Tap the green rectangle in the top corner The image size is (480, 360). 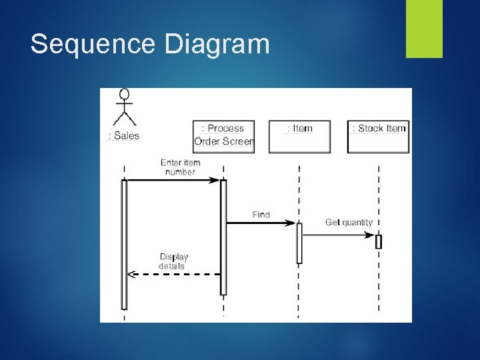pyautogui.click(x=424, y=29)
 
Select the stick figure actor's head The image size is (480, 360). pyautogui.click(x=124, y=94)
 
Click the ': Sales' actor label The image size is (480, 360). pyautogui.click(x=123, y=135)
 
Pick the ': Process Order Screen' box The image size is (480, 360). pyautogui.click(x=224, y=136)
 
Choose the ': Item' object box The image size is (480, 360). pyautogui.click(x=299, y=136)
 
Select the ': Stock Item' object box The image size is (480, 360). pyautogui.click(x=379, y=136)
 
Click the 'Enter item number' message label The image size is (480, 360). pyautogui.click(x=180, y=167)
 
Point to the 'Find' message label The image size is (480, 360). pyautogui.click(x=261, y=214)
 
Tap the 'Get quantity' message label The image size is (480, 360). pyautogui.click(x=349, y=222)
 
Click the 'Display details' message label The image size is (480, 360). pyautogui.click(x=173, y=261)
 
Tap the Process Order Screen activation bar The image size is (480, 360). pyautogui.click(x=223, y=237)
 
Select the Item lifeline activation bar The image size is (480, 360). pyautogui.click(x=299, y=243)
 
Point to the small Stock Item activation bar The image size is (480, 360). pyautogui.click(x=379, y=241)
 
